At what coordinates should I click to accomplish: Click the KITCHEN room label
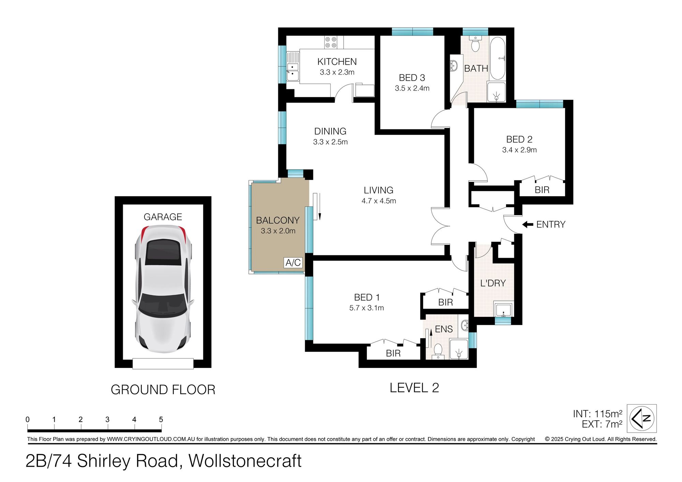pyautogui.click(x=337, y=62)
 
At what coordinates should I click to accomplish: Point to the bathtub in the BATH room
pyautogui.click(x=498, y=59)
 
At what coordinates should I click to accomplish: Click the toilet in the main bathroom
pyautogui.click(x=475, y=43)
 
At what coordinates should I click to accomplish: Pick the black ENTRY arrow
pyautogui.click(x=528, y=224)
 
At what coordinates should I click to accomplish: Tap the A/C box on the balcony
pyautogui.click(x=293, y=263)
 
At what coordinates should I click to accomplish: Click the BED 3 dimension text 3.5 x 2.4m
pyautogui.click(x=412, y=88)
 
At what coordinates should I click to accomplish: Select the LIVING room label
pyautogui.click(x=379, y=190)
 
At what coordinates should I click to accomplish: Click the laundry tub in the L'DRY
pyautogui.click(x=503, y=309)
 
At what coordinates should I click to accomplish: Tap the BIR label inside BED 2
pyautogui.click(x=542, y=190)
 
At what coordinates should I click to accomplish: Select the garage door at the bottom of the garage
pyautogui.click(x=163, y=363)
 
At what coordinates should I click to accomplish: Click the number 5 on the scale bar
pyautogui.click(x=161, y=419)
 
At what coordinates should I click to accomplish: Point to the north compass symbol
pyautogui.click(x=642, y=418)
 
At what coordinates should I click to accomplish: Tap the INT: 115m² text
pyautogui.click(x=597, y=414)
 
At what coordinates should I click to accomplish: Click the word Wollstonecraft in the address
pyautogui.click(x=245, y=461)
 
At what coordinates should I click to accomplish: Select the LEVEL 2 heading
pyautogui.click(x=414, y=388)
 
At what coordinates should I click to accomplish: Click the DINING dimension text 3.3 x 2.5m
pyautogui.click(x=330, y=142)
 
